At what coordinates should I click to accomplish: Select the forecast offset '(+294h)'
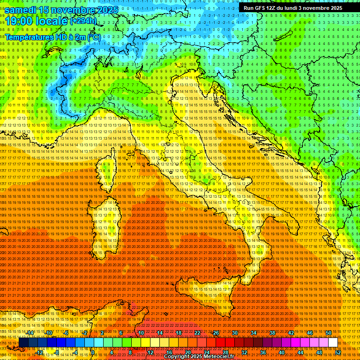coord(84,21)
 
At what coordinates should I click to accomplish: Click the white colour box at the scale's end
coord(333,343)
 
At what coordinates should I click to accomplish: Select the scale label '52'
coord(337,352)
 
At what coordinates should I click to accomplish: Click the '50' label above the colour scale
coord(328,333)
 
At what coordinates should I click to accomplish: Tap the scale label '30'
coord(235,333)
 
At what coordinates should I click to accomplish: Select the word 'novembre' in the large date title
coord(71,10)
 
